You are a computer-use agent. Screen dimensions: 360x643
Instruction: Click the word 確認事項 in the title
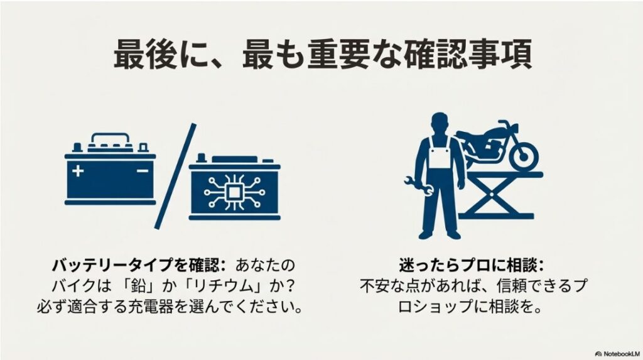click(x=468, y=56)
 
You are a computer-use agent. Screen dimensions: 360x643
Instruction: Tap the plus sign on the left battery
click(x=78, y=170)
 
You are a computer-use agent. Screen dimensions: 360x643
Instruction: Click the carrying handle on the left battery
click(x=110, y=138)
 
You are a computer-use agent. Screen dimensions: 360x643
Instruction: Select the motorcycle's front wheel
click(x=523, y=153)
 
